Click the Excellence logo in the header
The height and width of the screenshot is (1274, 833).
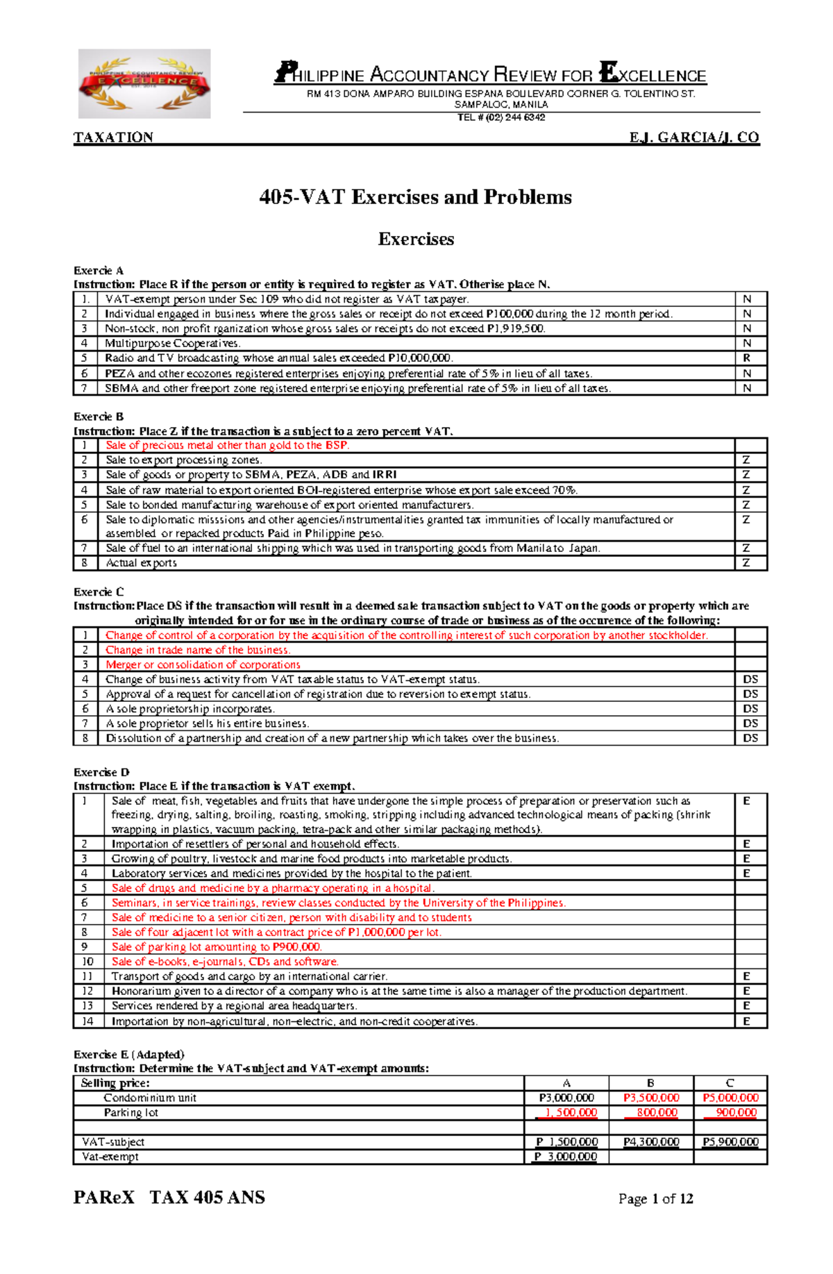pyautogui.click(x=144, y=83)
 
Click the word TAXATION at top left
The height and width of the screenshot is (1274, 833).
pyautogui.click(x=113, y=137)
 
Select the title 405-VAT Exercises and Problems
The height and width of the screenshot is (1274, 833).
pyautogui.click(x=415, y=197)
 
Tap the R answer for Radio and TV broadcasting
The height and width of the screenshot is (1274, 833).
pyautogui.click(x=747, y=358)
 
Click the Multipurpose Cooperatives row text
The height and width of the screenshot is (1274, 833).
pyautogui.click(x=172, y=344)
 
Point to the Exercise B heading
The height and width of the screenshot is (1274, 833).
pyautogui.click(x=98, y=417)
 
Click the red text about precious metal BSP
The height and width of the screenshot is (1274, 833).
pyautogui.click(x=227, y=446)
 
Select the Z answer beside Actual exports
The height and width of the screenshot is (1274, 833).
pyautogui.click(x=746, y=563)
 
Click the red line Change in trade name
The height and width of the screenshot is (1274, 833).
pyautogui.click(x=198, y=651)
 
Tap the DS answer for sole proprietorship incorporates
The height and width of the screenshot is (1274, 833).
pyautogui.click(x=750, y=709)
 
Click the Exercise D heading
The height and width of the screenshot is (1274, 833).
pyautogui.click(x=101, y=772)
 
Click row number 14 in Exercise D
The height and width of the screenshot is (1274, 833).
pyautogui.click(x=87, y=1021)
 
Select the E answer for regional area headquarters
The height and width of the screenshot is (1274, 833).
pyautogui.click(x=747, y=1006)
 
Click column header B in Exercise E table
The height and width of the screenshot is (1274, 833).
pyautogui.click(x=650, y=1083)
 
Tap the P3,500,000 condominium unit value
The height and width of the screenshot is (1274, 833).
pyautogui.click(x=651, y=1098)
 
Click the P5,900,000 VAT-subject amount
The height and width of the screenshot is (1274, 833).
pyautogui.click(x=730, y=1142)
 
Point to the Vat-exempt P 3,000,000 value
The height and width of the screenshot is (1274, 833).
pyautogui.click(x=566, y=1157)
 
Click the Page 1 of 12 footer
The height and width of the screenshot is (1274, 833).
pyautogui.click(x=655, y=1199)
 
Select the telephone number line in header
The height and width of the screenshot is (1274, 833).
pyautogui.click(x=500, y=117)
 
